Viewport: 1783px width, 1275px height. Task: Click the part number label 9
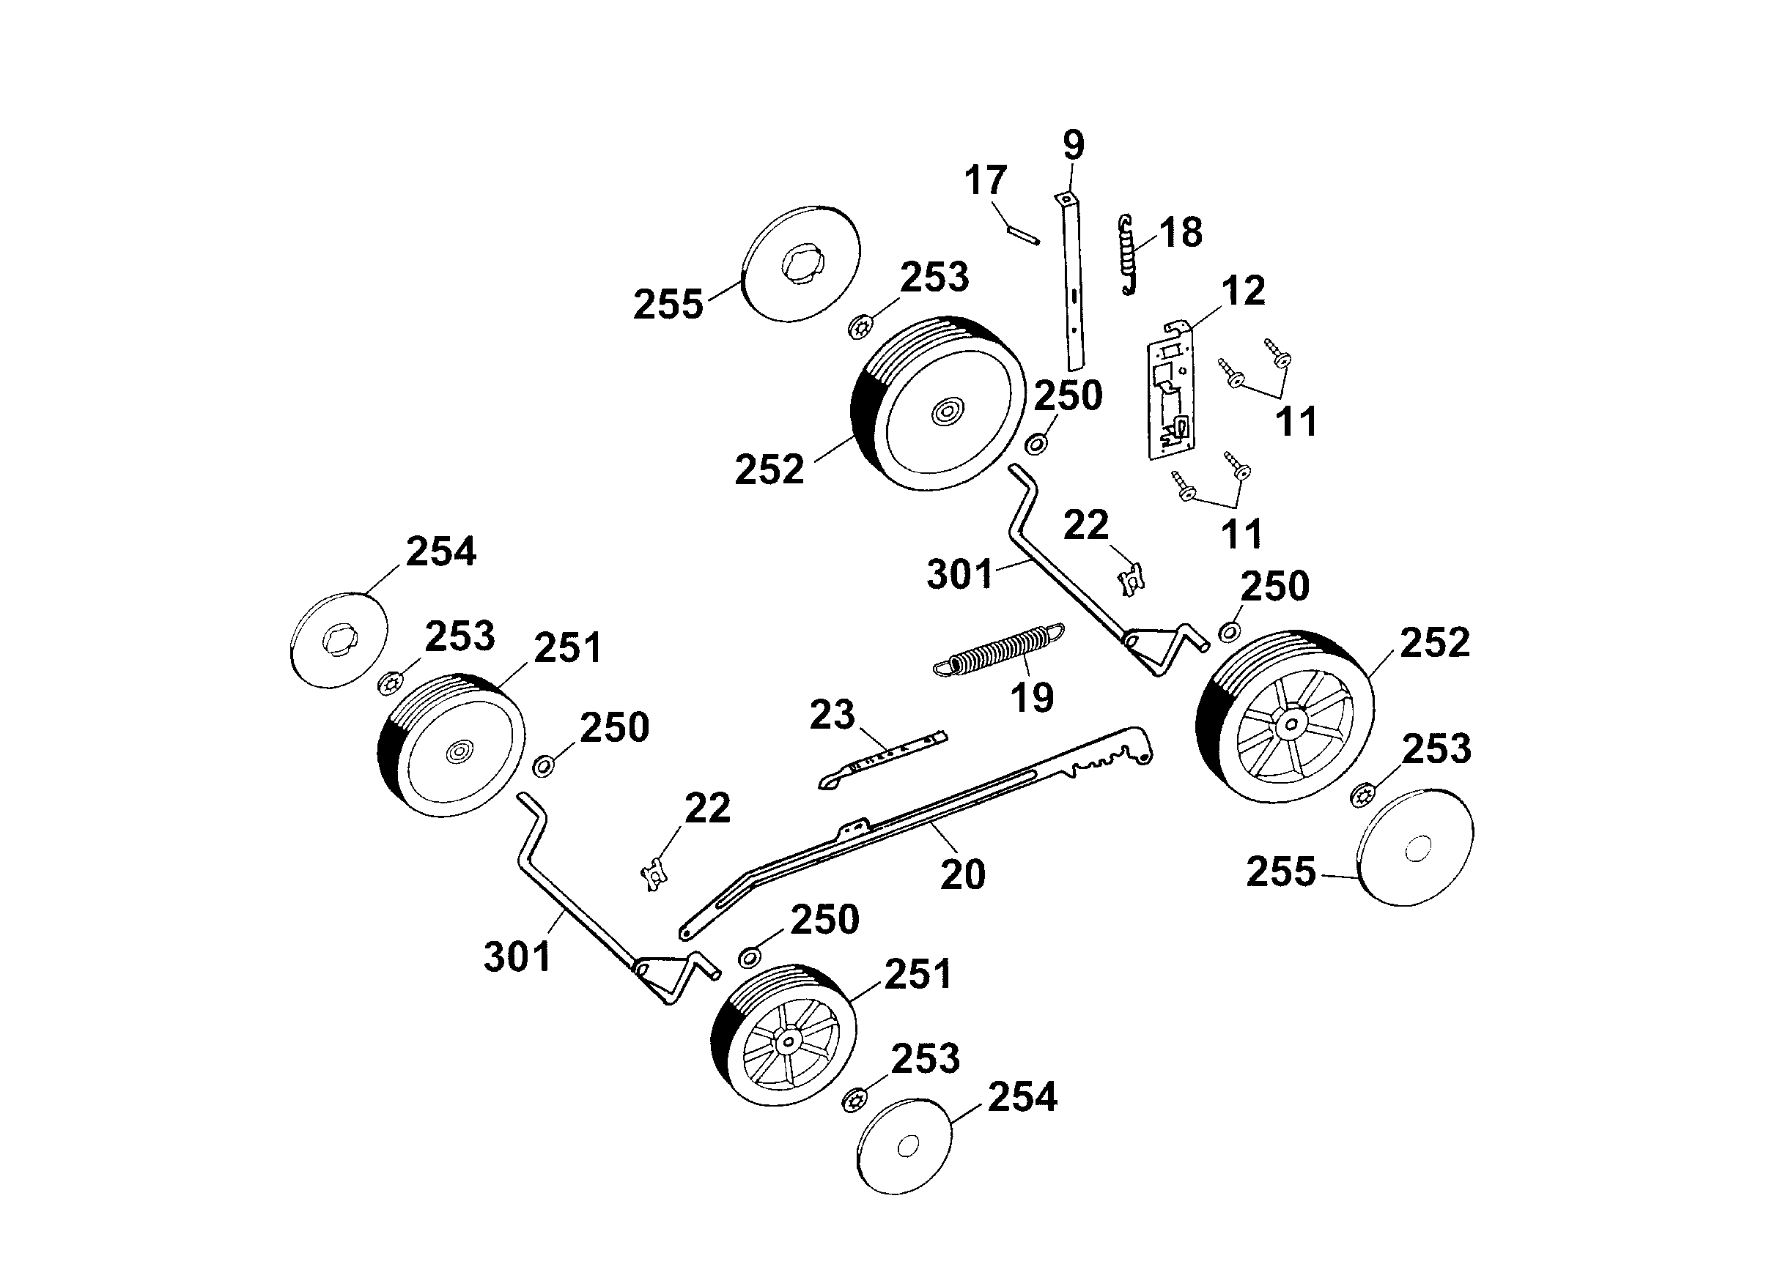coord(1073,145)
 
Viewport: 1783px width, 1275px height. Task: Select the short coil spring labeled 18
coord(1129,255)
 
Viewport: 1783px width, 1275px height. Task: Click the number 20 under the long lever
coord(962,874)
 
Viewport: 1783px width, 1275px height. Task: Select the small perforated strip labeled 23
coord(884,759)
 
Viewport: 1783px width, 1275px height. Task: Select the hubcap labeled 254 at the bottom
coord(905,1146)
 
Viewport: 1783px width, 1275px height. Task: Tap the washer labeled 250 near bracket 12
coord(1038,445)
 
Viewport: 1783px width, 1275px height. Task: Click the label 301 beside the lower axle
coord(517,957)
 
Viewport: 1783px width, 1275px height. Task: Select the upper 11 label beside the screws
coord(1296,423)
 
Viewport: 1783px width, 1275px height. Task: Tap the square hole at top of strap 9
coord(1066,200)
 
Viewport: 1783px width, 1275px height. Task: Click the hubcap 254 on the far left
coord(339,641)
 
